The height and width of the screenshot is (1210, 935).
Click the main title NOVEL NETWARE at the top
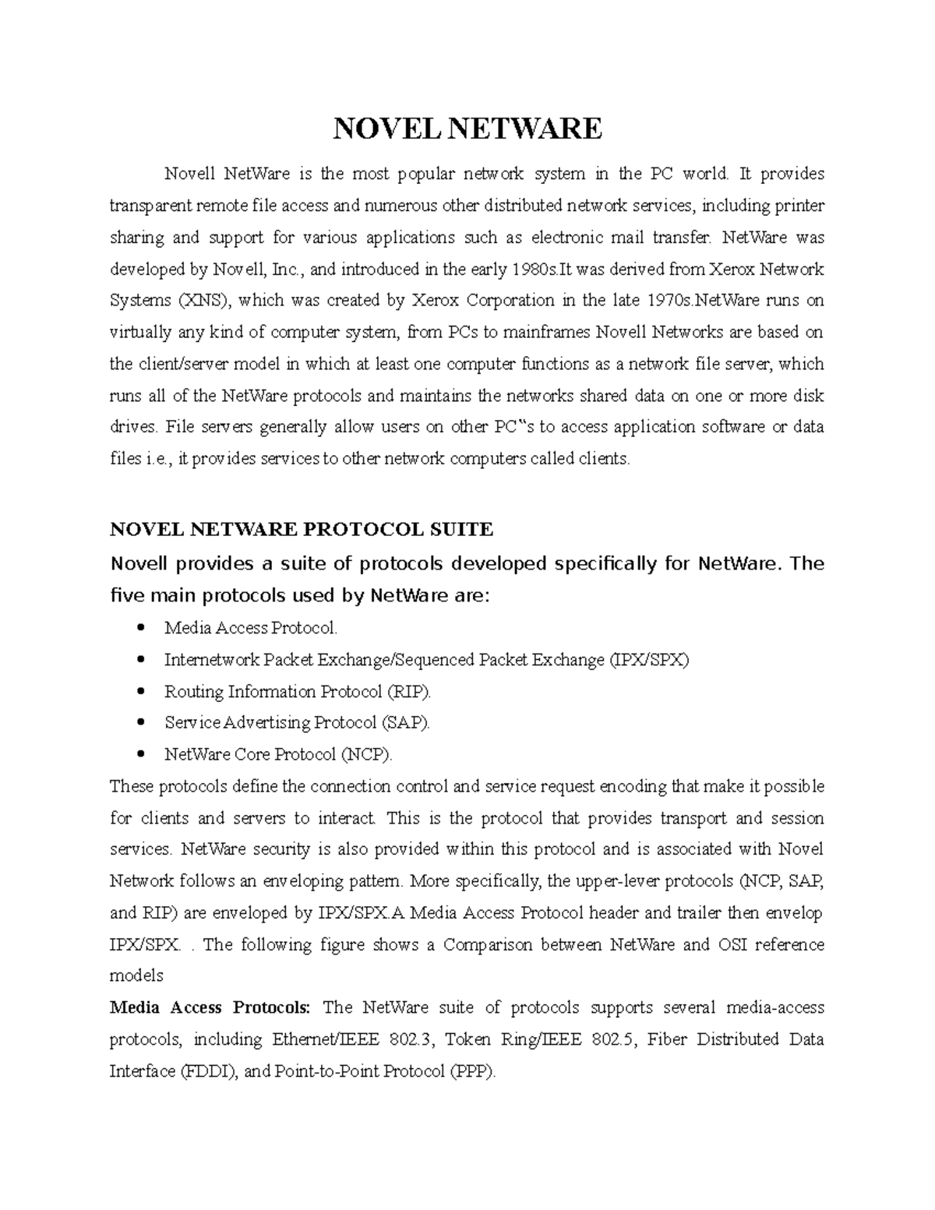(467, 128)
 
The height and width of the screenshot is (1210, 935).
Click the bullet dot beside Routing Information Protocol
(141, 691)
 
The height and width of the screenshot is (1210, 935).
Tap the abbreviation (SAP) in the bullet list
(404, 722)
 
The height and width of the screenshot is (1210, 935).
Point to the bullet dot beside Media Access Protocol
(141, 628)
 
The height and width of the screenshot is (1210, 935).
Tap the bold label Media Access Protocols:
(210, 1007)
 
